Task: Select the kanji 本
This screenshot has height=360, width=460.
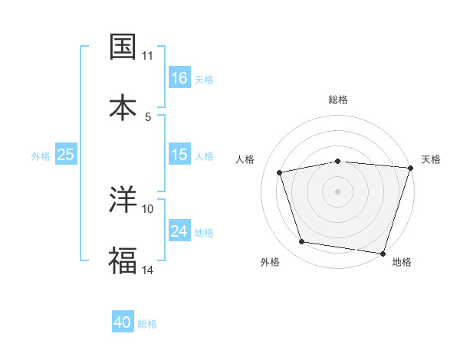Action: click(123, 106)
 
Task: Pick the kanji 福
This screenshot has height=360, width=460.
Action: click(123, 260)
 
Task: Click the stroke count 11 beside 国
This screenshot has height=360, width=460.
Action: click(148, 56)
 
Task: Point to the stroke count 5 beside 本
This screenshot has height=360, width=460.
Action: click(148, 116)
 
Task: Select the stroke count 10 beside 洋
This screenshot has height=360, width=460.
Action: click(148, 208)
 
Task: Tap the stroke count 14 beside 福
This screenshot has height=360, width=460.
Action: click(148, 270)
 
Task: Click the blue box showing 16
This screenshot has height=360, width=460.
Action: click(179, 77)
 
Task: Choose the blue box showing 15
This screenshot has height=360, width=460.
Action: click(179, 155)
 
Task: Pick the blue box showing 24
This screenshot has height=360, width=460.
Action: click(179, 231)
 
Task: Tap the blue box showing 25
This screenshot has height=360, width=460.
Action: click(66, 155)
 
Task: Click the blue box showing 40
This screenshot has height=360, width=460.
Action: click(123, 322)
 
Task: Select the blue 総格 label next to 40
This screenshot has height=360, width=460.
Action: click(147, 323)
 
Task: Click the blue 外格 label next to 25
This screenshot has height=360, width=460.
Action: click(41, 155)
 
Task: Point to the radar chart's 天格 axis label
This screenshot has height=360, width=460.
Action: click(431, 159)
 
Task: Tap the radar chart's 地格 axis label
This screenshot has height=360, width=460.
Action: click(402, 262)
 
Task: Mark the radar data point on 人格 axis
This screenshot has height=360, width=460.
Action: click(280, 172)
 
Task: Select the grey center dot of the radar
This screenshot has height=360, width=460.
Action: click(337, 191)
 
